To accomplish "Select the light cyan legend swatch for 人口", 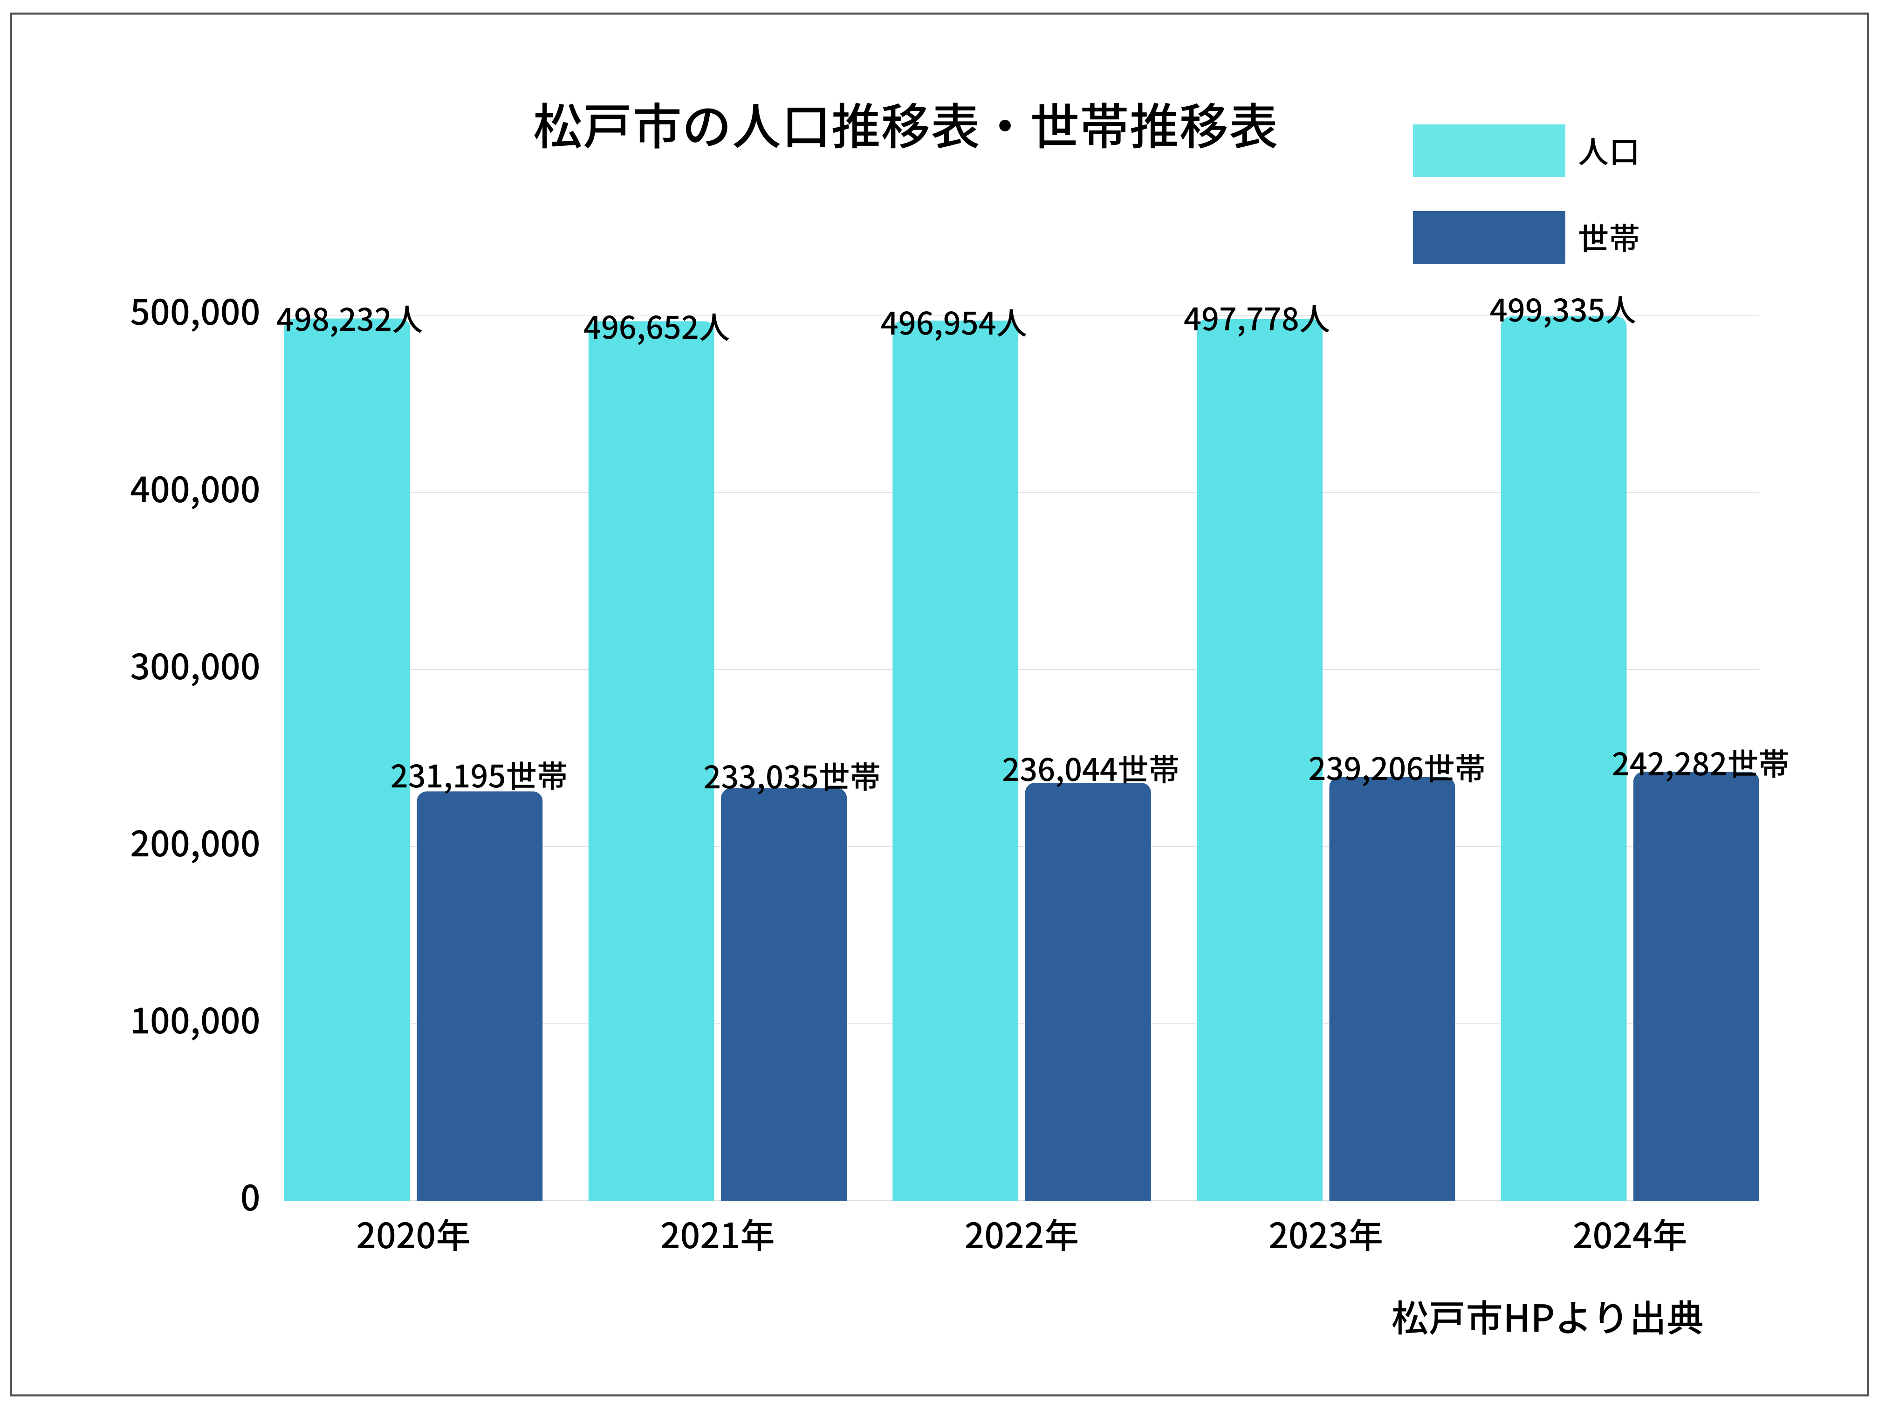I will tap(1488, 151).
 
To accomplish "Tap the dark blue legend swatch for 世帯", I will tap(1488, 237).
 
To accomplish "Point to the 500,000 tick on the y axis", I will tap(194, 314).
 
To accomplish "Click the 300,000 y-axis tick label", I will tap(194, 668).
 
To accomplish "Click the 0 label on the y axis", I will tap(250, 1198).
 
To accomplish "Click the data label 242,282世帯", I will tap(1700, 765).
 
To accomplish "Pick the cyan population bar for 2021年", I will tap(651, 765).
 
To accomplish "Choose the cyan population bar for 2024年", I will tap(1563, 765).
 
